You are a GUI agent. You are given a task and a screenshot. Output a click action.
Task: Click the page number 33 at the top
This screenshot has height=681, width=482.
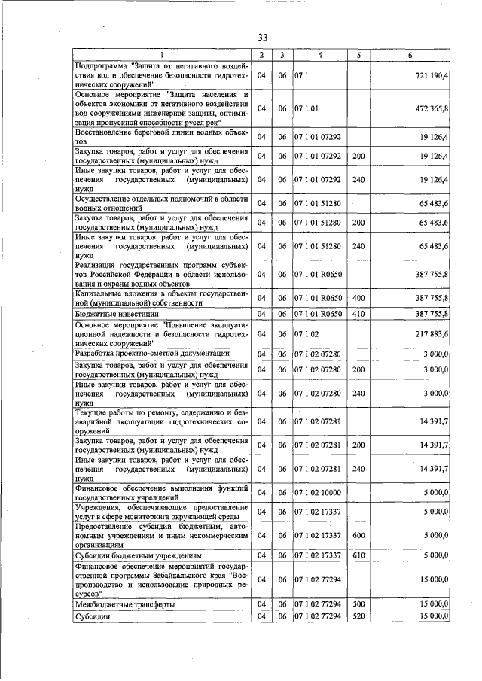point(263,38)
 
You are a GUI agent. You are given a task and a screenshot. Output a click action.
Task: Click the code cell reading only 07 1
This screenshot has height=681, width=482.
point(302,76)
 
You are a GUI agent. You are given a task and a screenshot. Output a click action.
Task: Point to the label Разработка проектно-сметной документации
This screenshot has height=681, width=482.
point(151,354)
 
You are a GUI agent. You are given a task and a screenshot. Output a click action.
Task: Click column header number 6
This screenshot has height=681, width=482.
point(410,55)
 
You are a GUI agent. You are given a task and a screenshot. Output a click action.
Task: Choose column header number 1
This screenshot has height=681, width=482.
point(160,55)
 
